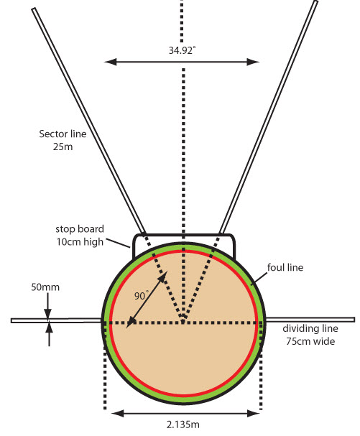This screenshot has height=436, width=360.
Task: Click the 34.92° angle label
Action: pyautogui.click(x=182, y=50)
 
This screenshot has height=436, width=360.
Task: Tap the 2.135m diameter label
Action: pyautogui.click(x=183, y=425)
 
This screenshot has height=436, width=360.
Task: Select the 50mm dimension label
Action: pyautogui.click(x=45, y=287)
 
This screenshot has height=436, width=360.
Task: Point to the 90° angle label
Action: pyautogui.click(x=142, y=295)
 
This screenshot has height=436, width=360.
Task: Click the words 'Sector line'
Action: pyautogui.click(x=63, y=134)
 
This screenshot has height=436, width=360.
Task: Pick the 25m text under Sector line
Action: pyautogui.click(x=63, y=147)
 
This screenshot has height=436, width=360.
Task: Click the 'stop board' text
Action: pyautogui.click(x=80, y=229)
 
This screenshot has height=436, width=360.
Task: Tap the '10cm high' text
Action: pyautogui.click(x=80, y=242)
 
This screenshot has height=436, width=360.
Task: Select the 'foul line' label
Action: pyautogui.click(x=285, y=267)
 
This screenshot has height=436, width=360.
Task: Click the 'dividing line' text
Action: pyautogui.click(x=310, y=328)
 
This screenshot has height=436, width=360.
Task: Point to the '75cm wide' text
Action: pyautogui.click(x=310, y=341)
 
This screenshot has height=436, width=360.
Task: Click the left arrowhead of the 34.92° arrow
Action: pyautogui.click(x=110, y=62)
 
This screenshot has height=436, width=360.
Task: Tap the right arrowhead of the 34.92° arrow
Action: pyautogui.click(x=253, y=62)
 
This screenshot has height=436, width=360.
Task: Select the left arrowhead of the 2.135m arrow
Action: pyautogui.click(x=117, y=413)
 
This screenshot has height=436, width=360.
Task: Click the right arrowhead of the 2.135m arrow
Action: pyautogui.click(x=254, y=413)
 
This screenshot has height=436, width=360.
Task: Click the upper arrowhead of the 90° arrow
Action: pyautogui.click(x=163, y=276)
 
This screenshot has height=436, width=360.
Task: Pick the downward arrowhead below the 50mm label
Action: pyautogui.click(x=48, y=313)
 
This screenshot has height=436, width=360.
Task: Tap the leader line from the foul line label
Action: pyautogui.click(x=259, y=279)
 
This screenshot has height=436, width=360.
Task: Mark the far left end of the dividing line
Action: pyautogui.click(x=11, y=320)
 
